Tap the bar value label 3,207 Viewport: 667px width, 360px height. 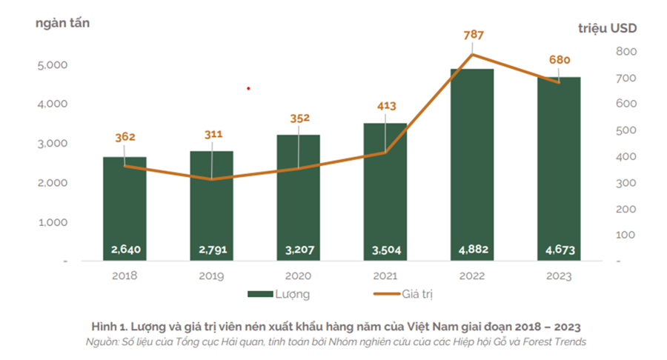coord(299,250)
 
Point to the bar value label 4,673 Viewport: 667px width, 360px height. coord(560,250)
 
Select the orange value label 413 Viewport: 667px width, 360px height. coord(385,107)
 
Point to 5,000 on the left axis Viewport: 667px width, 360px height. coord(52,65)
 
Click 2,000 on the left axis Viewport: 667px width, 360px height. coord(52,183)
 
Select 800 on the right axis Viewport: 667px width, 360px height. coord(625,52)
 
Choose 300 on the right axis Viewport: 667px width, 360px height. coord(625,183)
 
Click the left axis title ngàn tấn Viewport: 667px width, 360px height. coord(62,22)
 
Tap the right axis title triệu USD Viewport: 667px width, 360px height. coord(607,28)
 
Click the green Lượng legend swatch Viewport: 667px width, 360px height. coord(259,294)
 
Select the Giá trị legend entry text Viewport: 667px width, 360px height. coord(417,294)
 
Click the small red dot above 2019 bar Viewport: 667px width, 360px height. coord(248,88)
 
